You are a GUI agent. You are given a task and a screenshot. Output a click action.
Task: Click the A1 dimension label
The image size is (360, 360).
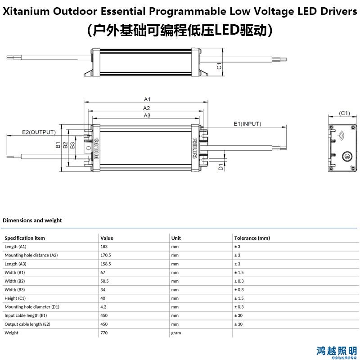tap(147, 99)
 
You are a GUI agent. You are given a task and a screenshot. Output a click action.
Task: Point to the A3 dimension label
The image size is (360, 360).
tap(147, 116)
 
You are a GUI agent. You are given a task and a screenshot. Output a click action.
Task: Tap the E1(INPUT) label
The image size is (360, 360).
tap(247, 124)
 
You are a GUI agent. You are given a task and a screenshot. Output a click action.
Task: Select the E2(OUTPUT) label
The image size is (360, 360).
tap(39, 132)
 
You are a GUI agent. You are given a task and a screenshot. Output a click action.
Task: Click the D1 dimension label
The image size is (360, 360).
tap(220, 167)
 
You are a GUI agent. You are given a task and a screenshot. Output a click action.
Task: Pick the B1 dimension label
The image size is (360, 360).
tap(58, 144)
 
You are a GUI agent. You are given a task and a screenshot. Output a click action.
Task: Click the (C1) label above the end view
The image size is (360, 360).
tap(344, 113)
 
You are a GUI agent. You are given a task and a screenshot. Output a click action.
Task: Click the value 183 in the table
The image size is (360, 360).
tap(104, 247)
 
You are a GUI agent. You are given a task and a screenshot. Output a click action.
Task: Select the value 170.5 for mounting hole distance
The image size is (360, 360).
tap(106, 255)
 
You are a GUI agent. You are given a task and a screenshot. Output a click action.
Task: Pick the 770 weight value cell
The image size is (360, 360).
tap(104, 333)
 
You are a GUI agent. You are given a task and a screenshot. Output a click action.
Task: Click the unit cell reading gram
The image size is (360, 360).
tap(176, 333)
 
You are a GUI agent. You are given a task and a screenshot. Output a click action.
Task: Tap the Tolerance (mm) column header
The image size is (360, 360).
tap(252, 238)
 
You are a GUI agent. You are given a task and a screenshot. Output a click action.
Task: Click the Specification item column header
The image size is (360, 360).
tap(25, 238)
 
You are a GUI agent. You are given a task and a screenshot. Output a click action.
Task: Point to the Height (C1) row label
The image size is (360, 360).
tap(15, 298)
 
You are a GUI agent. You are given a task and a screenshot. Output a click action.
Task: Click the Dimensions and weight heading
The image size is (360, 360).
tap(32, 220)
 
